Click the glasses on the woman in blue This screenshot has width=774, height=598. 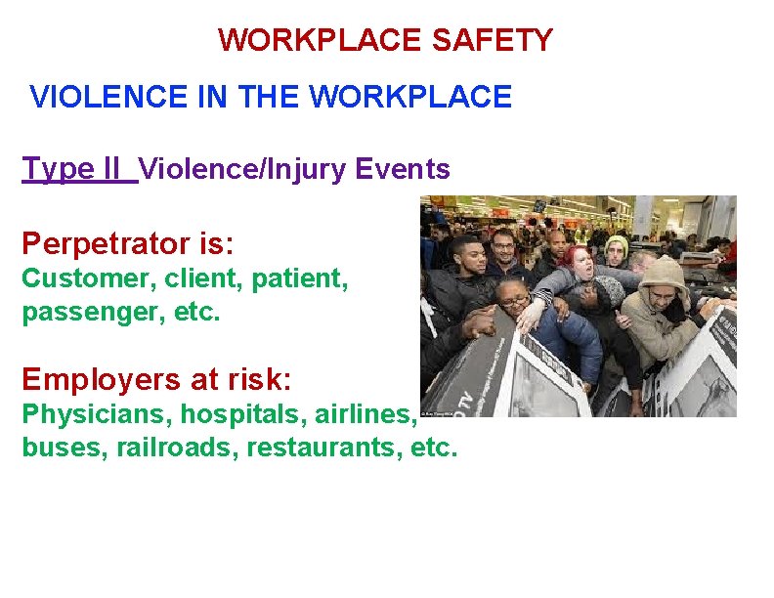point(516,299)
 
